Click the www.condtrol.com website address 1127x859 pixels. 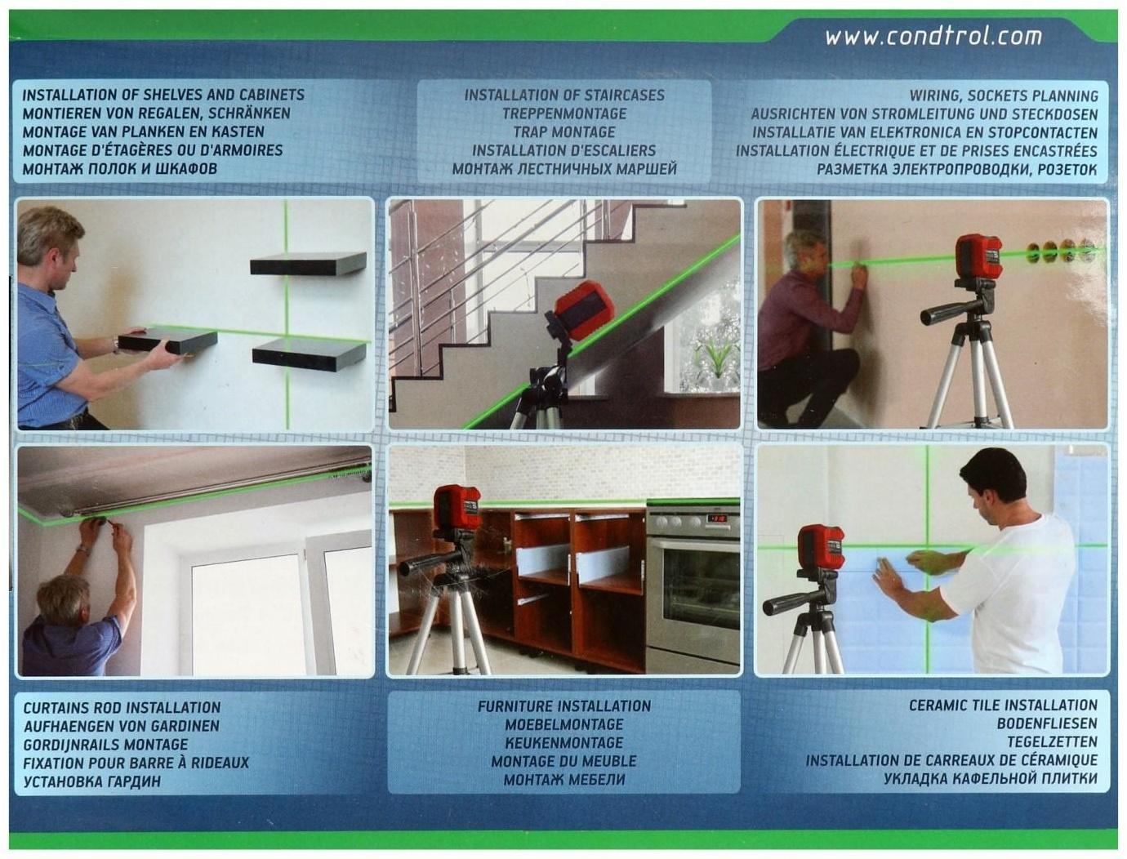click(x=933, y=37)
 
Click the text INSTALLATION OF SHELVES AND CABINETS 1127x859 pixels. click(x=163, y=95)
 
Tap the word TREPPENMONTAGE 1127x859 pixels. click(x=564, y=113)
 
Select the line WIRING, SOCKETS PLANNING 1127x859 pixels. click(x=1004, y=96)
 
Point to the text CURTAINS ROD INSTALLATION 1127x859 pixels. click(x=122, y=707)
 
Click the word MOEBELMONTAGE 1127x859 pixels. click(x=563, y=724)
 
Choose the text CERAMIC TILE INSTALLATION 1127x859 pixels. click(x=1003, y=705)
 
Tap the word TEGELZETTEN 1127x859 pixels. click(x=1052, y=742)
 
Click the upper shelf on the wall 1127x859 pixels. click(x=308, y=263)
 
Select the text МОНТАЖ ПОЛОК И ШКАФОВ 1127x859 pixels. click(x=120, y=169)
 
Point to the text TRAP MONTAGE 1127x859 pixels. click(x=564, y=132)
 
